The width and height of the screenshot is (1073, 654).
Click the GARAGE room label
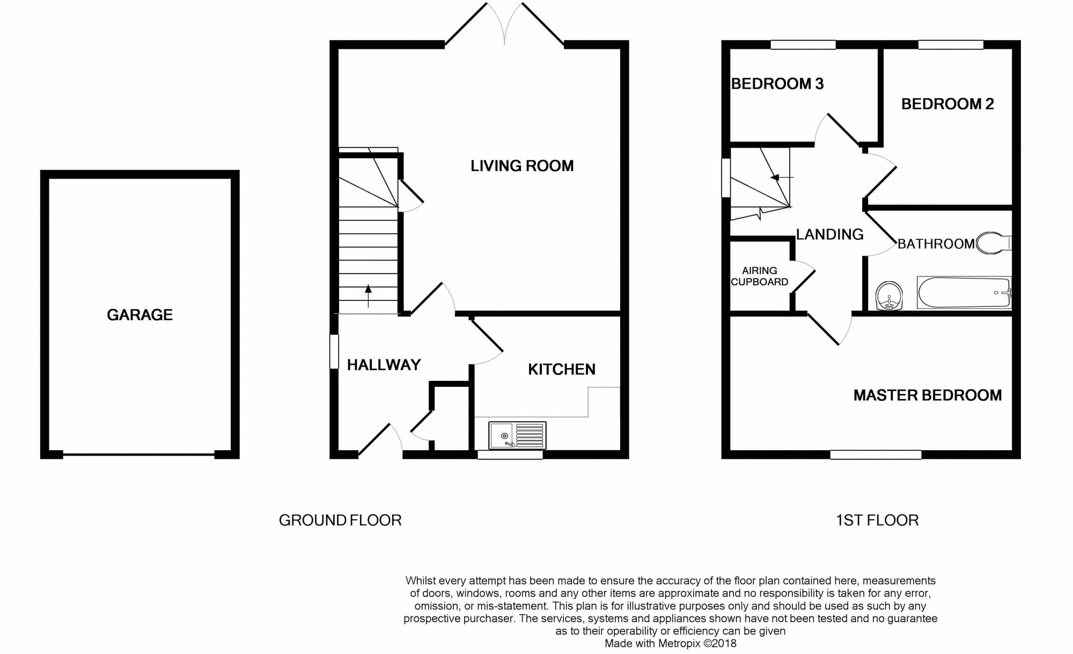pyautogui.click(x=139, y=315)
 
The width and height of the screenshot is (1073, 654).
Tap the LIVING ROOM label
pyautogui.click(x=522, y=166)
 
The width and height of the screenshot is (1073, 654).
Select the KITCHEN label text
pyautogui.click(x=561, y=369)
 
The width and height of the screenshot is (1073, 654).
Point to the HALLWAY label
pyautogui.click(x=384, y=365)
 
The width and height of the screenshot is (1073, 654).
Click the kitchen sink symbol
pyautogui.click(x=517, y=435)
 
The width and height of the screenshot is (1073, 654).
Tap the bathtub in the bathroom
pyautogui.click(x=964, y=292)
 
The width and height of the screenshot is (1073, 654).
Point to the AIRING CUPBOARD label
pyautogui.click(x=760, y=276)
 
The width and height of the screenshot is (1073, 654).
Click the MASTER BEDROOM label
pyautogui.click(x=928, y=395)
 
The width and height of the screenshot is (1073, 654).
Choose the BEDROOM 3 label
pyautogui.click(x=777, y=84)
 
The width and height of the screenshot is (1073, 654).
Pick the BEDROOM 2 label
pyautogui.click(x=947, y=104)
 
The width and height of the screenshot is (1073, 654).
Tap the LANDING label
pyautogui.click(x=829, y=234)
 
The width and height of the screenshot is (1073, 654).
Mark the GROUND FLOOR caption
pyautogui.click(x=340, y=520)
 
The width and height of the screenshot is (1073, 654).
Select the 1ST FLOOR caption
pyautogui.click(x=877, y=520)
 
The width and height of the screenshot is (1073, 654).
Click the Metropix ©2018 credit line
pyautogui.click(x=670, y=643)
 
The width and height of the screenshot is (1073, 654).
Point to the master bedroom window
pyautogui.click(x=876, y=455)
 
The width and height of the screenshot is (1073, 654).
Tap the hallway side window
pyautogui.click(x=334, y=352)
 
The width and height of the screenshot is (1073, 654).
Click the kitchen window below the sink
pyautogui.click(x=510, y=455)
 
